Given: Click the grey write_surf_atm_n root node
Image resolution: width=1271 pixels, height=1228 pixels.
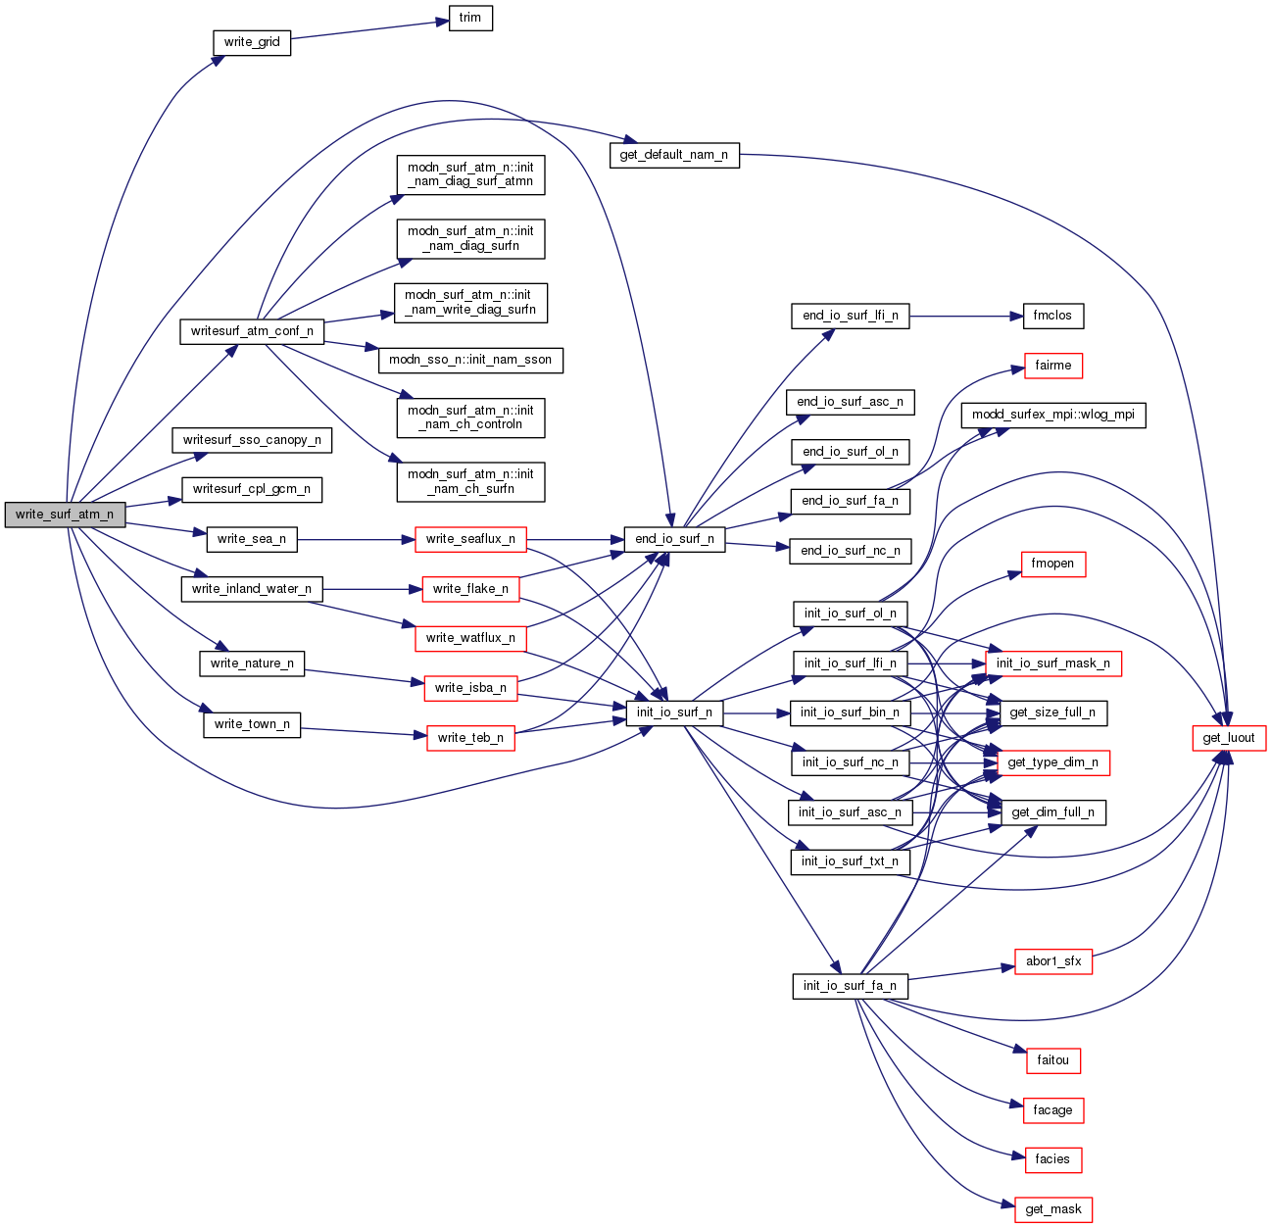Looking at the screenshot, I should (65, 515).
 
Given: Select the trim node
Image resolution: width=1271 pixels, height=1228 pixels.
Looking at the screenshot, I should (470, 18).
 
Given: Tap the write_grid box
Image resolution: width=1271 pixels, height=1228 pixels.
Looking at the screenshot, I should (252, 42).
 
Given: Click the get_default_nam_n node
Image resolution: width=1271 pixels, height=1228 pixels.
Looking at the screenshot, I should (674, 155).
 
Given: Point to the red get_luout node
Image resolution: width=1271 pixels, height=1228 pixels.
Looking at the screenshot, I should (1229, 738).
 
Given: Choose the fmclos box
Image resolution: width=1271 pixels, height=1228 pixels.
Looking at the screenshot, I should (1053, 316).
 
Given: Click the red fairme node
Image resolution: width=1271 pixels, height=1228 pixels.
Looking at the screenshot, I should (1053, 366).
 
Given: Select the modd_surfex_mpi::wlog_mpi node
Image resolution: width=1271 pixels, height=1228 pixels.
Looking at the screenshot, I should (1053, 415).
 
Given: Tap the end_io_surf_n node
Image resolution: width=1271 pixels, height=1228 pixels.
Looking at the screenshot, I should (674, 539).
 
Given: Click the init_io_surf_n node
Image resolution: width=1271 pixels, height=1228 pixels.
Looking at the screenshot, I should (674, 712).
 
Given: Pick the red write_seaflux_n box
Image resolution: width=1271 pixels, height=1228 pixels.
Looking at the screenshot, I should (470, 539).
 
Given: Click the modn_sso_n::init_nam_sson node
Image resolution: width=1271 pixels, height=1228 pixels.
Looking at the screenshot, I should (470, 360).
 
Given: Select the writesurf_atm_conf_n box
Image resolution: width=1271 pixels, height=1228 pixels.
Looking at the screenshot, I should (252, 331).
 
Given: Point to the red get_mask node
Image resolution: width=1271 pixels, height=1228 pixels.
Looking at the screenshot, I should (1053, 1209).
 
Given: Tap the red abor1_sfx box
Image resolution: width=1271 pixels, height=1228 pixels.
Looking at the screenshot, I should (1053, 961).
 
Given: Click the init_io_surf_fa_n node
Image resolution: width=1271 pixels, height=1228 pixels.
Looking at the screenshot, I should (850, 986).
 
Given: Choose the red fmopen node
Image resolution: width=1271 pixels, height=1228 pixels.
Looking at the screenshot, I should (1053, 564).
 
